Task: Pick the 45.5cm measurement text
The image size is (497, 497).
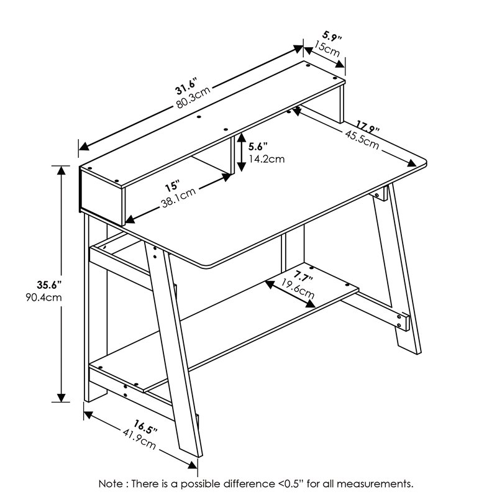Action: point(360,138)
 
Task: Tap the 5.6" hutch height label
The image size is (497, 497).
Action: point(257,147)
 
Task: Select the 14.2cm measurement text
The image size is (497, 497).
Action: point(266,158)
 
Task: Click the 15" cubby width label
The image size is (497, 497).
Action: point(172,186)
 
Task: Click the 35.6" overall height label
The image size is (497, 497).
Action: point(47,285)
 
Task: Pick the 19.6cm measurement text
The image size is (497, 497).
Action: point(298,288)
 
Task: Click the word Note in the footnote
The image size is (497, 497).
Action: point(112,483)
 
